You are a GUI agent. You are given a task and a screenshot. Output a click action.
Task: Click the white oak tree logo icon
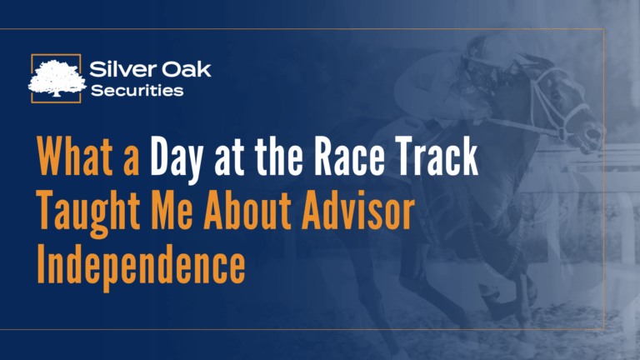click(x=56, y=77)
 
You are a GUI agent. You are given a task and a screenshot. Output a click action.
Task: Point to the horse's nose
click(x=597, y=133)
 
